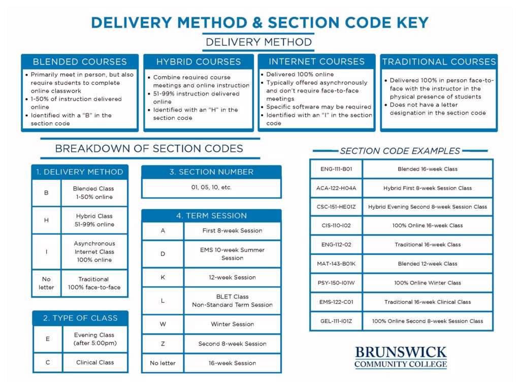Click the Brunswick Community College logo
coord(401,357)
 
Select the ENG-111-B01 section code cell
coord(336,169)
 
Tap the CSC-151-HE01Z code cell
coord(336,207)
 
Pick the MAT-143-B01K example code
coord(336,264)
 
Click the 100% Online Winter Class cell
coord(427,283)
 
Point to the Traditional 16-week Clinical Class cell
coord(427,302)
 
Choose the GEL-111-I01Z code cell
coord(336,321)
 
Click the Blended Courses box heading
coord(80,62)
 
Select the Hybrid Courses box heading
coord(199,62)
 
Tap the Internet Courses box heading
coord(316,61)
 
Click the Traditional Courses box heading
coord(439,62)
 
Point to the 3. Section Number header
coord(211,172)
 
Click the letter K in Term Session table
coord(162,277)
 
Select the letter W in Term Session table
coord(162,324)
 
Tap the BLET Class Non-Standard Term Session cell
coord(232,301)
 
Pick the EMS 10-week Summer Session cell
coord(232,254)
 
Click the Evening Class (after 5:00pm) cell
coord(94,339)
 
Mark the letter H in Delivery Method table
coord(46,220)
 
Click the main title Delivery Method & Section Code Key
coord(259,23)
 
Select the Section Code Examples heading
coord(400,151)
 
